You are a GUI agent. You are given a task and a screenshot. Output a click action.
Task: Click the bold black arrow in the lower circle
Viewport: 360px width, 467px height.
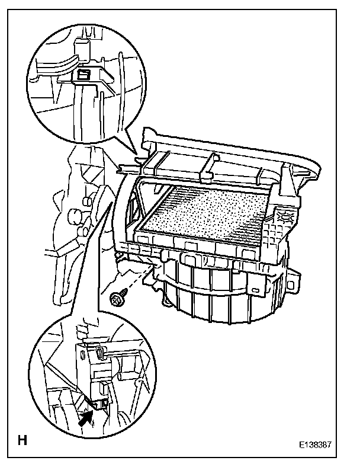point(86,420)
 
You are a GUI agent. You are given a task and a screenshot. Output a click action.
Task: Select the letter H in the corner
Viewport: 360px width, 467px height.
point(23,440)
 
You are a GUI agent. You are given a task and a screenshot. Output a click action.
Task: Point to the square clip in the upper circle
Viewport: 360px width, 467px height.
point(84,75)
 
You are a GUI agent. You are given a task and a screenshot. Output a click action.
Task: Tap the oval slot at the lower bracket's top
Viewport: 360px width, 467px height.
point(99,354)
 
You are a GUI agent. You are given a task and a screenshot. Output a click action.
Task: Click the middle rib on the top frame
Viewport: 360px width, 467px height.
point(208,167)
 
